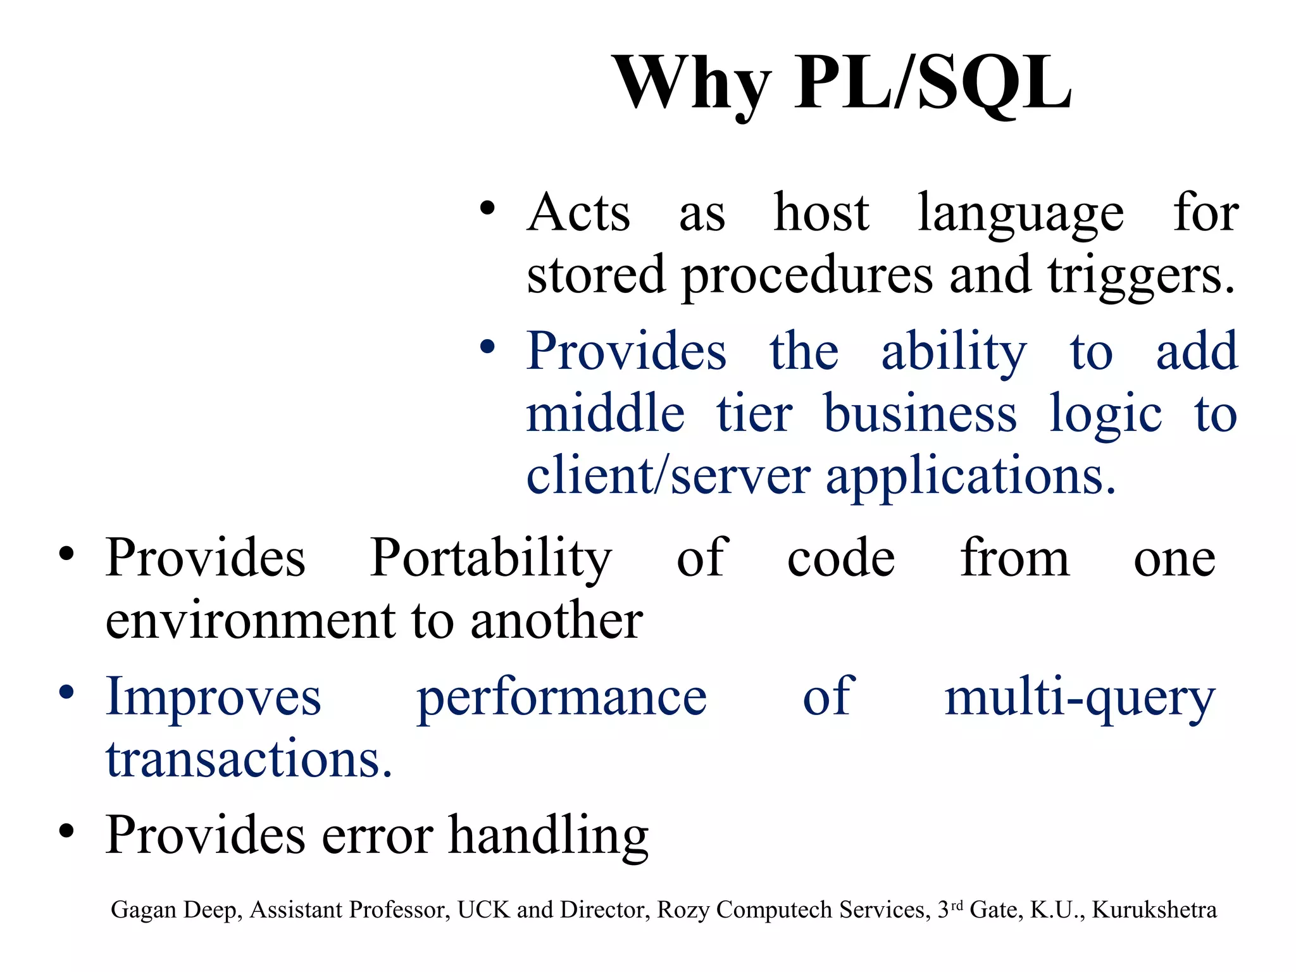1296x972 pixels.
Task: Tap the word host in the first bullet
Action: pos(821,213)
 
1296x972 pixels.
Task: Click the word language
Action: pos(1021,214)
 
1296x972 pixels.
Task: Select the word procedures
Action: pos(806,276)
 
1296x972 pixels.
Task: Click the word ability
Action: pos(954,352)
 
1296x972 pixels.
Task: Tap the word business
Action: pos(920,414)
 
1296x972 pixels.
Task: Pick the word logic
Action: pos(1105,415)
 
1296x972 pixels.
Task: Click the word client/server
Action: pos(668,476)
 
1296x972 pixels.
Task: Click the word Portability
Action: pos(490,558)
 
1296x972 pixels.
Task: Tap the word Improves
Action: pos(213,697)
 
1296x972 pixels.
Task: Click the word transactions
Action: pos(249,759)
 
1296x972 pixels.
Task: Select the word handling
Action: pos(549,835)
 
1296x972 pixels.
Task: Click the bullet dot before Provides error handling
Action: pos(66,831)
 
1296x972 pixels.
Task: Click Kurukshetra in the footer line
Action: pos(1154,910)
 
